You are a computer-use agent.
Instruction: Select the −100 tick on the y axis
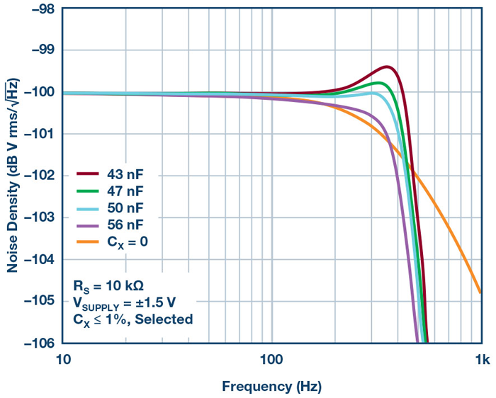coord(38,92)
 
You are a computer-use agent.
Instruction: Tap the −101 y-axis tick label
coord(38,134)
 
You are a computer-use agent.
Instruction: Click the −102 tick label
coord(38,176)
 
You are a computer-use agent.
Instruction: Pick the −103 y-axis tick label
coord(38,217)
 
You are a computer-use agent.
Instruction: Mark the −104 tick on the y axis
coord(38,259)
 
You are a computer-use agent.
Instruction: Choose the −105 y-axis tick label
coord(38,301)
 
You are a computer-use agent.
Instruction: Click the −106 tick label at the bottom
coord(38,343)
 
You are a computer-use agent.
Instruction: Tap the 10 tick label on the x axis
coord(62,360)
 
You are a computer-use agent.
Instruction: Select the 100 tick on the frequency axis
coord(271,360)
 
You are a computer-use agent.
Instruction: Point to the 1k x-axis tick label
coord(482,360)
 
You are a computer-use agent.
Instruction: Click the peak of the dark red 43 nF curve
coord(388,67)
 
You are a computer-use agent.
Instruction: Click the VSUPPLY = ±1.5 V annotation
coord(124,302)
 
